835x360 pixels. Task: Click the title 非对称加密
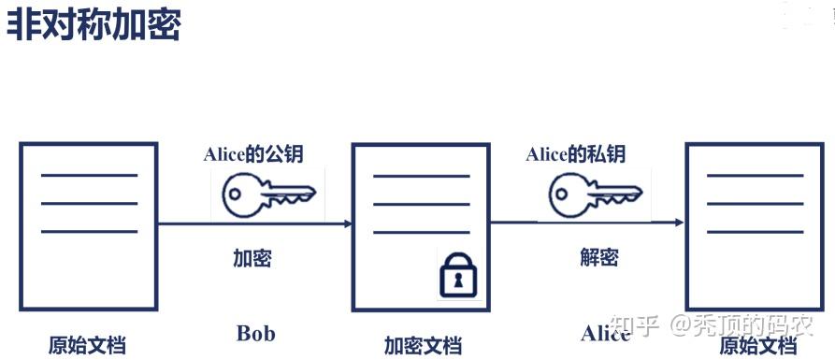(94, 24)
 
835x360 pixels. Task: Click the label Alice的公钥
(253, 154)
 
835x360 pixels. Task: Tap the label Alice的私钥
(575, 154)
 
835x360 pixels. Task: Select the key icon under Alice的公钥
(266, 195)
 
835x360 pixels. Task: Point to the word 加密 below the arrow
(252, 258)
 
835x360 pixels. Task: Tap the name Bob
(255, 333)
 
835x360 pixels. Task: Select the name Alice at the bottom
(605, 334)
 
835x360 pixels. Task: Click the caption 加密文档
(423, 345)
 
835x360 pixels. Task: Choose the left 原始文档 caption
(87, 345)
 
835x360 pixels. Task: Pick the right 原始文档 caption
(757, 346)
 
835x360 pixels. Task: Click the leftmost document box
(89, 227)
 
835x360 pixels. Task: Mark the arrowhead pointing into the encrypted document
(348, 224)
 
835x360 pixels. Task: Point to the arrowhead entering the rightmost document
(681, 223)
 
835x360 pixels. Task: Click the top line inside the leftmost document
(89, 175)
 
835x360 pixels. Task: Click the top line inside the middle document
(421, 176)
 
